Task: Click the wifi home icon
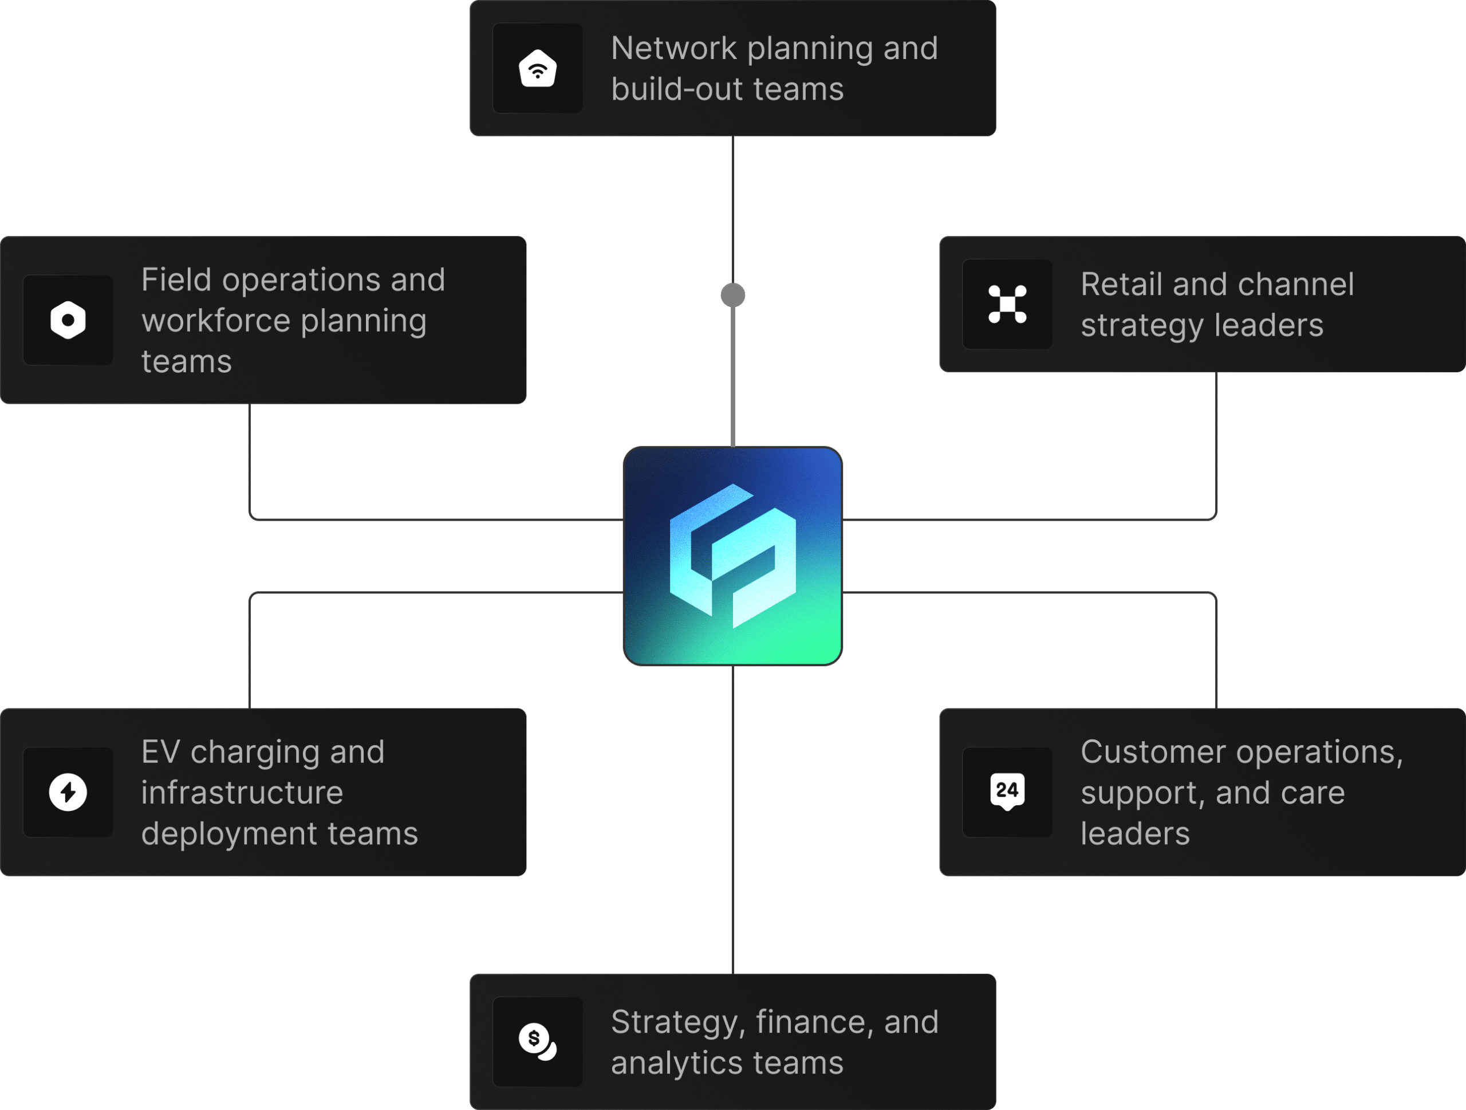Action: [x=538, y=68]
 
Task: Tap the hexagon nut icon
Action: [x=68, y=320]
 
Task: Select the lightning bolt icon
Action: [x=68, y=792]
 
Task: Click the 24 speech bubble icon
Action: [x=1007, y=791]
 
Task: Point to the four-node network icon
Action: [x=1007, y=304]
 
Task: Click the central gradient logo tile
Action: [x=732, y=556]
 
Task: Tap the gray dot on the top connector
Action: [x=732, y=295]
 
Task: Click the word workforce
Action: [x=215, y=321]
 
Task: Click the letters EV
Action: [x=160, y=752]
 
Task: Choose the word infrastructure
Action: [x=242, y=793]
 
